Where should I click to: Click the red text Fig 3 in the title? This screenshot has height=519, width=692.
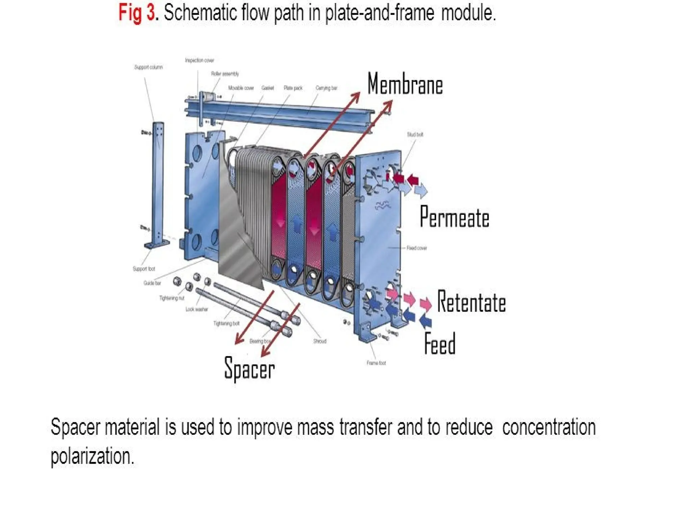pyautogui.click(x=137, y=14)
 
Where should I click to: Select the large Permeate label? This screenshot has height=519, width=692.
pyautogui.click(x=454, y=217)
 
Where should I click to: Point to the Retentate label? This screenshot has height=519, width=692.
pyautogui.click(x=471, y=302)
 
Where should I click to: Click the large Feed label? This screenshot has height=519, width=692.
pyautogui.click(x=440, y=344)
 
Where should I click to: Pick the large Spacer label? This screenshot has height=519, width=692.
pyautogui.click(x=249, y=369)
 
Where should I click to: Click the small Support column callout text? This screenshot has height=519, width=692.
pyautogui.click(x=148, y=67)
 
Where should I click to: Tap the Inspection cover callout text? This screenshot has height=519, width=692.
pyautogui.click(x=199, y=60)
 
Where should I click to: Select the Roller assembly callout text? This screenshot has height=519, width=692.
pyautogui.click(x=225, y=74)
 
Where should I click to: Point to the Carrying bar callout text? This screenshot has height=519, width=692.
pyautogui.click(x=326, y=88)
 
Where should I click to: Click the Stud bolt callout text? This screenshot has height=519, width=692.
pyautogui.click(x=415, y=134)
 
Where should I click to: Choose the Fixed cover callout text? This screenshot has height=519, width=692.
pyautogui.click(x=417, y=248)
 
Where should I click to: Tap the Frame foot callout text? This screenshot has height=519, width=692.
pyautogui.click(x=376, y=363)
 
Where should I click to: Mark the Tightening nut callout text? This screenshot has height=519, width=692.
pyautogui.click(x=172, y=298)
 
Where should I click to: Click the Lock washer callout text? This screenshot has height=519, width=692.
pyautogui.click(x=197, y=309)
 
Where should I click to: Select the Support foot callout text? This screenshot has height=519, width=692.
pyautogui.click(x=144, y=269)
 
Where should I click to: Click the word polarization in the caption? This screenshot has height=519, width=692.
pyautogui.click(x=92, y=456)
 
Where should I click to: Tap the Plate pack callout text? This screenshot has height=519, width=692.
pyautogui.click(x=293, y=88)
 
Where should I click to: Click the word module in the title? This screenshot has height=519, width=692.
pyautogui.click(x=468, y=14)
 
